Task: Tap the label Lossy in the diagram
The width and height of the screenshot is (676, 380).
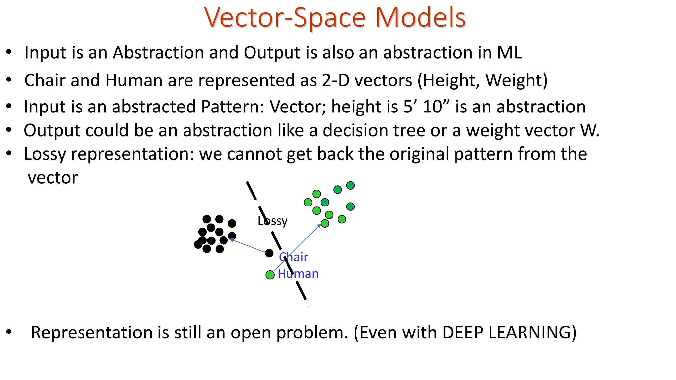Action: [x=272, y=221]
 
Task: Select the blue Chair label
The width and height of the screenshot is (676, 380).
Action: [x=293, y=257]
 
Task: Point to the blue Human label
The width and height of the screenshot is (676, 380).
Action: [x=298, y=274]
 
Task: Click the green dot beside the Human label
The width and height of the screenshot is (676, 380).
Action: [x=270, y=275]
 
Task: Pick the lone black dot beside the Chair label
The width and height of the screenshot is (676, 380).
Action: [x=269, y=253]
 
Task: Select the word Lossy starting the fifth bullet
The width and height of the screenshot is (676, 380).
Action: [x=45, y=154]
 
